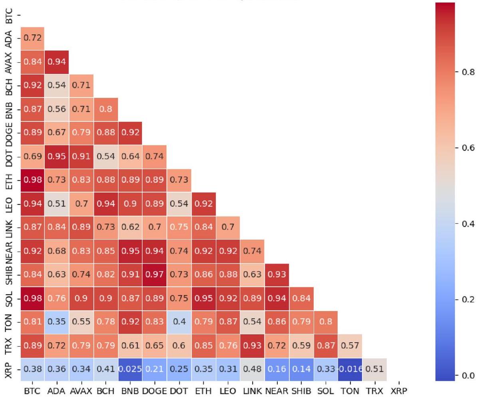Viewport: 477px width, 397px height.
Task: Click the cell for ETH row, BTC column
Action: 32,180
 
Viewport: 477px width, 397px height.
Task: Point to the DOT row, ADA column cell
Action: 56,157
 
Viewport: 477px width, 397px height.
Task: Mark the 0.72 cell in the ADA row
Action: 32,39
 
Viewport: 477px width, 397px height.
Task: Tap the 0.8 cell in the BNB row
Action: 105,109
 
